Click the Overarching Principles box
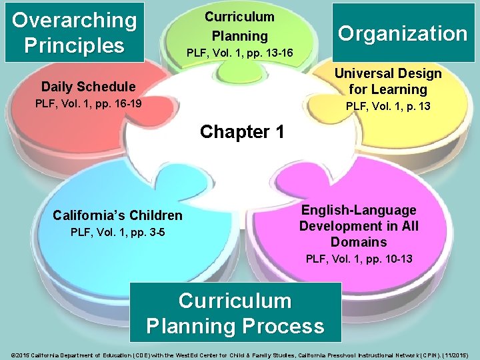(x=74, y=33)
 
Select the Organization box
(x=402, y=33)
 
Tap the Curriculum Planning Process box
(x=235, y=313)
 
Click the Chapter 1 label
(x=242, y=131)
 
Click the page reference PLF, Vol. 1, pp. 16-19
(x=88, y=104)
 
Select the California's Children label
(x=117, y=215)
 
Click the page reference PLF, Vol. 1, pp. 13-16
(x=239, y=52)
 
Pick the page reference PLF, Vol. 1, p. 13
(x=387, y=106)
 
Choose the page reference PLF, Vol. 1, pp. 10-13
(x=359, y=258)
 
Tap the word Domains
(x=359, y=242)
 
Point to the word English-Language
(x=359, y=210)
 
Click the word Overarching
(x=74, y=20)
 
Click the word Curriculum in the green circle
(x=239, y=16)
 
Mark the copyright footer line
(x=240, y=349)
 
